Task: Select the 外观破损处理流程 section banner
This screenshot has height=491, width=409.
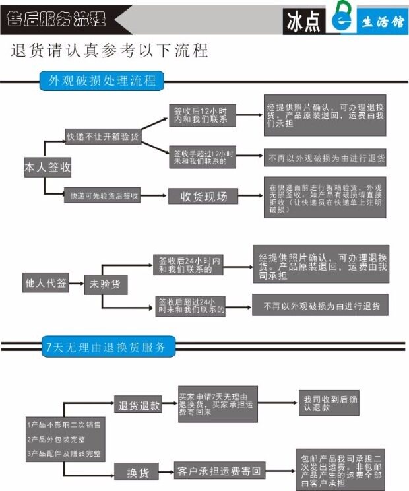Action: click(x=102, y=81)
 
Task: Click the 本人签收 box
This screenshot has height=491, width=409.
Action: click(x=47, y=168)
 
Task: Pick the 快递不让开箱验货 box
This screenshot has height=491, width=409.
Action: click(x=103, y=137)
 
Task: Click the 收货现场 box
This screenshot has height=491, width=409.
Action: click(x=204, y=196)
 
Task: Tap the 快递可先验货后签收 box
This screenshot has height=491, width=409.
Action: click(x=104, y=195)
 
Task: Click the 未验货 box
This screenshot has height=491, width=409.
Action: click(x=106, y=284)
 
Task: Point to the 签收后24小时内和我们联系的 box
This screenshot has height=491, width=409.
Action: click(x=189, y=265)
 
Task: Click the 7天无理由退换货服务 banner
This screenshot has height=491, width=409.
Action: click(x=105, y=346)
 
